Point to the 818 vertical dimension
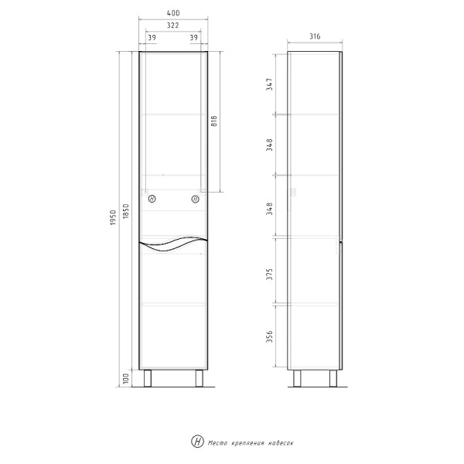[x=213, y=121]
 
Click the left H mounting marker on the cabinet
[x=152, y=200]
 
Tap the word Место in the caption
[x=215, y=442]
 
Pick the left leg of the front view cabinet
[x=151, y=378]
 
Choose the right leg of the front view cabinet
[x=199, y=378]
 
